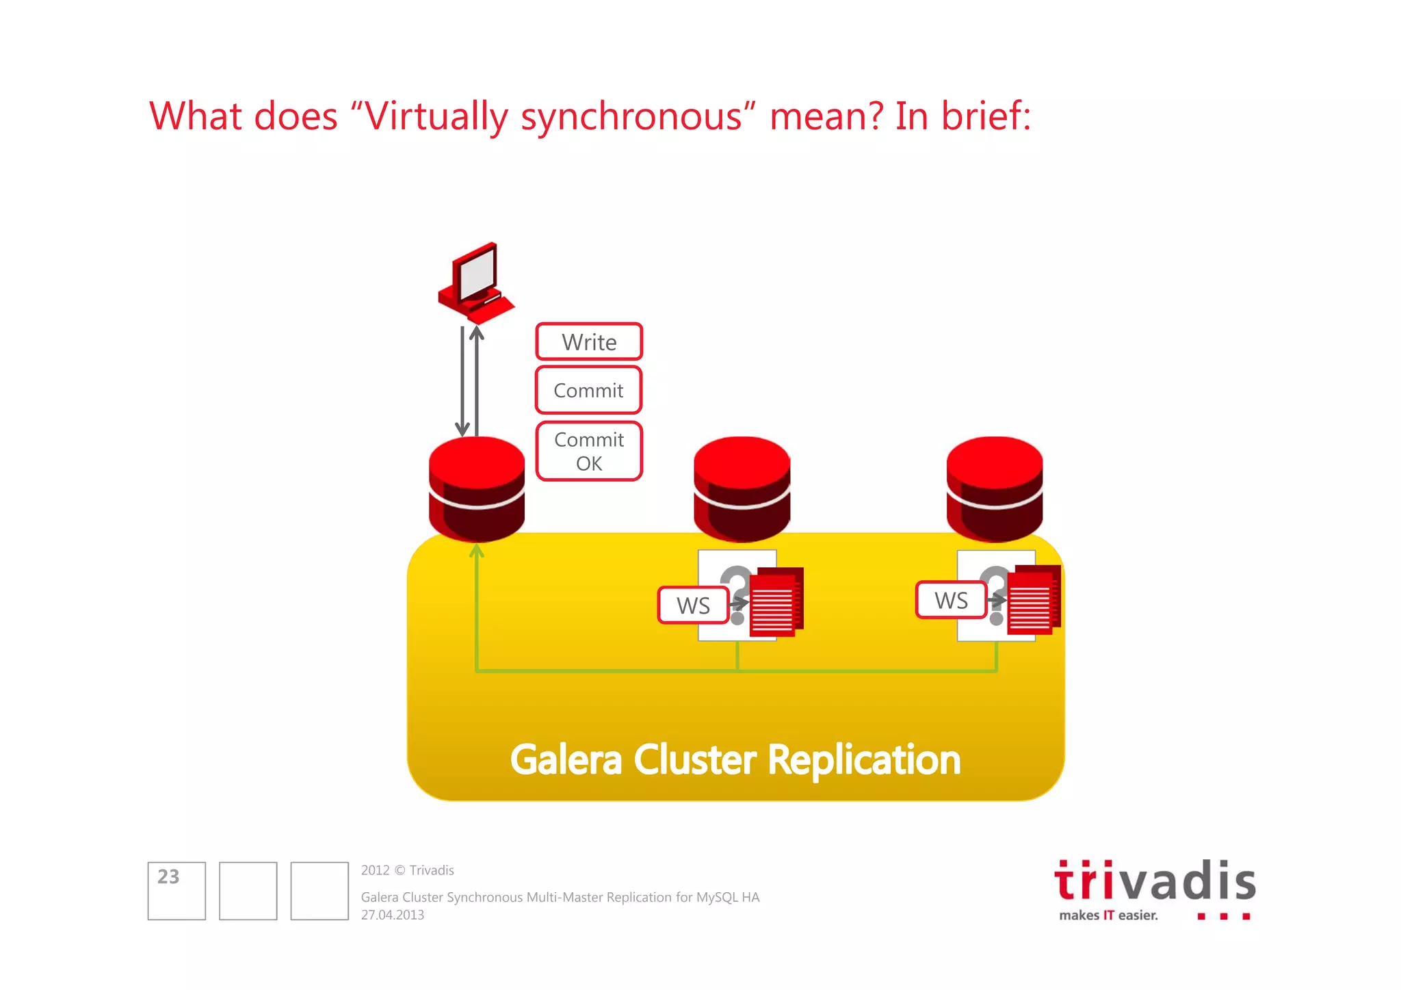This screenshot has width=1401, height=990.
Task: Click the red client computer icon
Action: click(475, 282)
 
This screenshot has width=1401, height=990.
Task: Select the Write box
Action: click(589, 341)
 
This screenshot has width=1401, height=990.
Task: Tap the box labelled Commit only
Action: click(588, 390)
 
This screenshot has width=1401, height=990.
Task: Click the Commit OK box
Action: click(589, 452)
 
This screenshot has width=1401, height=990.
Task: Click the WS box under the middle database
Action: click(693, 605)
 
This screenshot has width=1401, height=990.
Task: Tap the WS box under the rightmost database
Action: click(951, 600)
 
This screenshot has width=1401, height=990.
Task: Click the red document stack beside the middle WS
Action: click(776, 602)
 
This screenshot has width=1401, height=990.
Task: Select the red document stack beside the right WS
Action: click(1034, 599)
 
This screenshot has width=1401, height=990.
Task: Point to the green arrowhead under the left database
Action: click(477, 550)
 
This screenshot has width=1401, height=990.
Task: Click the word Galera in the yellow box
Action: click(566, 760)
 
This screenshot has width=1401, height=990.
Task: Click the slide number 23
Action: click(168, 876)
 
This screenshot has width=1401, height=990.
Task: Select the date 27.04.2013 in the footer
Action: click(393, 915)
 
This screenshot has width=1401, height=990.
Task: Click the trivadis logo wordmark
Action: click(1155, 882)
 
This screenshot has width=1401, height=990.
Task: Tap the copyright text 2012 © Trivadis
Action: click(408, 870)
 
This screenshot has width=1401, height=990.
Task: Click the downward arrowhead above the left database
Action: click(462, 429)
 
